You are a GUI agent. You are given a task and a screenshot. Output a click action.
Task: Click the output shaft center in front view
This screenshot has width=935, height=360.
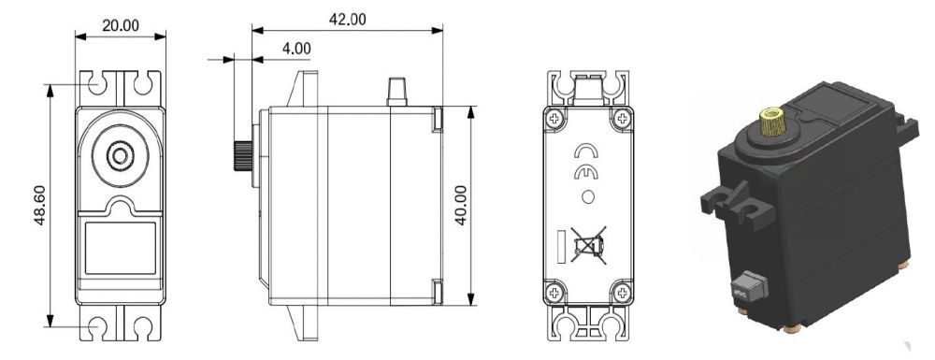(120, 154)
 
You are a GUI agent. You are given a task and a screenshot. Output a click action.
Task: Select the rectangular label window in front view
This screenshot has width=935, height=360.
(120, 247)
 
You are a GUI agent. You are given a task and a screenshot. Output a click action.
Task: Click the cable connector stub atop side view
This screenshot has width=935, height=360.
(397, 92)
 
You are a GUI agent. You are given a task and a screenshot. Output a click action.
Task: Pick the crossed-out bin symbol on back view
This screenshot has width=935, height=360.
(588, 245)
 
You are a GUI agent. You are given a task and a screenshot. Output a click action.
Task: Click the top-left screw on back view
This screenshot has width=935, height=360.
(555, 118)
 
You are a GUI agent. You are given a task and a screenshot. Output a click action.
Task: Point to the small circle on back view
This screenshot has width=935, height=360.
(587, 196)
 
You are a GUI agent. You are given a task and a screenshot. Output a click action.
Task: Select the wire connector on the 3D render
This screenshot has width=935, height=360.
(747, 285)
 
